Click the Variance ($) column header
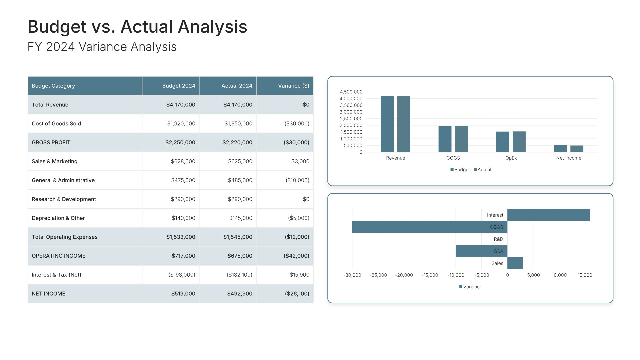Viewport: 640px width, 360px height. point(293,86)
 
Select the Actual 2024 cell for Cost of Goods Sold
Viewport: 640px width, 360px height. point(238,124)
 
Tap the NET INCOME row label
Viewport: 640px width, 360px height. point(49,294)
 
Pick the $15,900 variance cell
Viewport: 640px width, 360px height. point(299,275)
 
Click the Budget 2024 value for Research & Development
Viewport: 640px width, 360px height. point(183,199)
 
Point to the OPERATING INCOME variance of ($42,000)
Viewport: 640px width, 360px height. point(296,256)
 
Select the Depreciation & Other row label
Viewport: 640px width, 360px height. point(58,218)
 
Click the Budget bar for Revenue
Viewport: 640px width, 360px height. point(387,124)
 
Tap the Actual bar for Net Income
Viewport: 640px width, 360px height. point(577,149)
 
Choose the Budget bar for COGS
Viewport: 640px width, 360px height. point(445,139)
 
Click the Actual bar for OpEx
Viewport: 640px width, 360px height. point(519,142)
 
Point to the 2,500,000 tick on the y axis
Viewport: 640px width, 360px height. point(351,119)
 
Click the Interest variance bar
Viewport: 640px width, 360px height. point(548,215)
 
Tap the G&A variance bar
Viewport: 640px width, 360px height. point(481,251)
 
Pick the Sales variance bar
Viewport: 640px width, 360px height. point(515,263)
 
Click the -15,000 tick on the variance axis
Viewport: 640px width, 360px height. point(430,275)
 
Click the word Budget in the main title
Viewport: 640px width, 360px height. point(57,27)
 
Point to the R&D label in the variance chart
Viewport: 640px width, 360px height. point(498,239)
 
